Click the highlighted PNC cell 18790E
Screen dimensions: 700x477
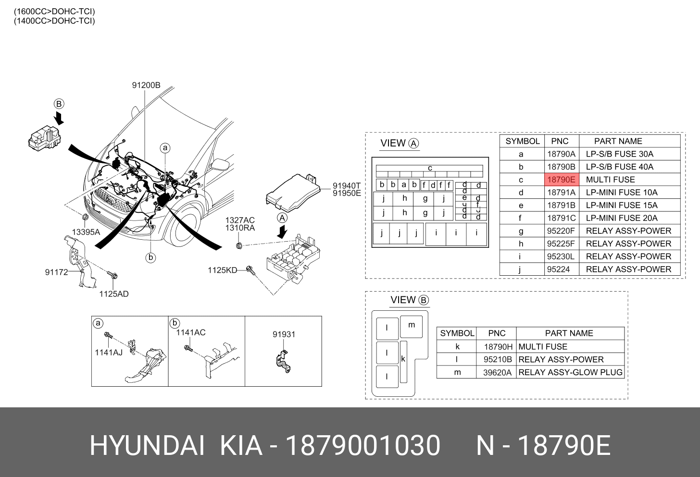click(562, 180)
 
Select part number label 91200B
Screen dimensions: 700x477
click(146, 85)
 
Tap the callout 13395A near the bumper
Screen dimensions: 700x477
click(86, 232)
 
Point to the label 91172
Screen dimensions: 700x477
click(56, 272)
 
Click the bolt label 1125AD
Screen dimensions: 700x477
click(114, 294)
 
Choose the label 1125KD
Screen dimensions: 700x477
click(223, 270)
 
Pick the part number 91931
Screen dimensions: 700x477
click(284, 334)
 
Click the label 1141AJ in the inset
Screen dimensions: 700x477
click(109, 352)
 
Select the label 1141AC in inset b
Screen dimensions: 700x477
click(190, 332)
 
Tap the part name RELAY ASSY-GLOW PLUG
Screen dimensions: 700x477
click(570, 372)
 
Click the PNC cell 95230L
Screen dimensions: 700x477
click(561, 257)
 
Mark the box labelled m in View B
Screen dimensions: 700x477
click(411, 327)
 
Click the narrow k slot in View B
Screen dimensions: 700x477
click(403, 362)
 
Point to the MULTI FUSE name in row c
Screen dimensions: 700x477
click(610, 180)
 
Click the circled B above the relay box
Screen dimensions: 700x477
click(59, 104)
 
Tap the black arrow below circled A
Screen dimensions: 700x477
click(282, 232)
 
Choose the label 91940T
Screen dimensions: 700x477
click(347, 186)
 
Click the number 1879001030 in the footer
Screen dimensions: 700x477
click(363, 445)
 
